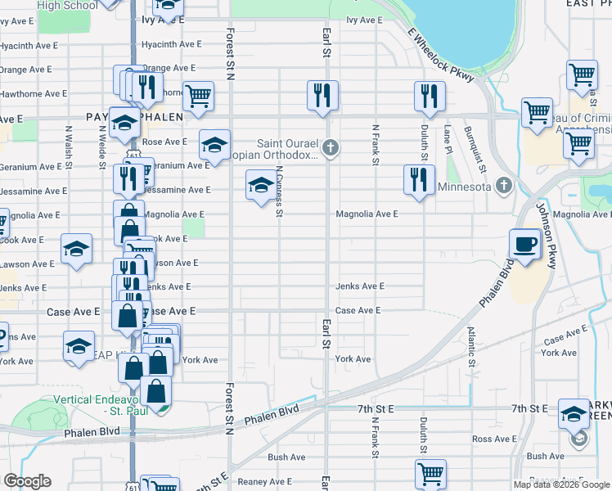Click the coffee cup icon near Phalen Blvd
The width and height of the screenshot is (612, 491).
point(524,243)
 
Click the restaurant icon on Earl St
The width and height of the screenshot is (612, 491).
point(322,94)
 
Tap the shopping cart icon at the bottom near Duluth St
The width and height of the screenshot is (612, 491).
point(430,473)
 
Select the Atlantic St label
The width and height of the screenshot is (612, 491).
point(471,346)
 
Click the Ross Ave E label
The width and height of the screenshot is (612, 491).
point(493,439)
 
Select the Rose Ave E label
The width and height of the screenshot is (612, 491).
point(165,142)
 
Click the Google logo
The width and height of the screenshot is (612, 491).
point(27,481)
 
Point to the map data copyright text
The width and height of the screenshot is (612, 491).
point(560,484)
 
